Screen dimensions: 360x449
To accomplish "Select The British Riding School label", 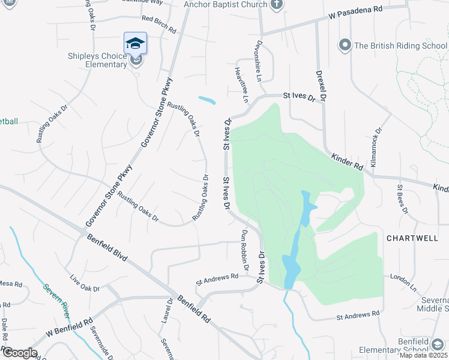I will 400,45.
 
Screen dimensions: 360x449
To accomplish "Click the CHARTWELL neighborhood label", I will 412,238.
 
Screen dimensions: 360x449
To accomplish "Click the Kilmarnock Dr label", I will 376,146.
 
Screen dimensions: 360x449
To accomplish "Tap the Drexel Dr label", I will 322,84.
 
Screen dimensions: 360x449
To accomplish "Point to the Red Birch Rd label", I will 159,25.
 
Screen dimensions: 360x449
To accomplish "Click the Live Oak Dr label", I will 85,284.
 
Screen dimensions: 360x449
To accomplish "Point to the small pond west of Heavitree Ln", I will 206,100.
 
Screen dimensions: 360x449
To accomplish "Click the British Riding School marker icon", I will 345,45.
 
